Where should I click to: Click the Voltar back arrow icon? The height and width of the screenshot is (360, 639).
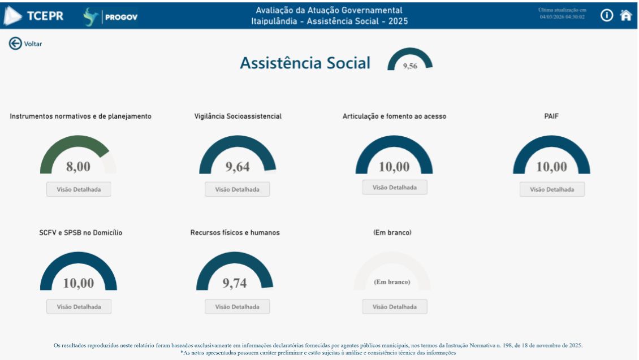pos(15,44)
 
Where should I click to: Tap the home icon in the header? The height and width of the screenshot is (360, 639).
pos(625,15)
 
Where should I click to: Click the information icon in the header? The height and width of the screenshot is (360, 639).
pos(607,15)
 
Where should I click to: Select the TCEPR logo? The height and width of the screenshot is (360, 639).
pos(34,16)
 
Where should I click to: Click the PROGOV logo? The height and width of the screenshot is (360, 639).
pos(111,17)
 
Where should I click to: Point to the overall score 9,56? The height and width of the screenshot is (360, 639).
pos(410,66)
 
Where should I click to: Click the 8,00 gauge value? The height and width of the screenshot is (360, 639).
pos(79,167)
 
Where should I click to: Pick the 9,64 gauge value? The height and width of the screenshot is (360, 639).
pos(238,167)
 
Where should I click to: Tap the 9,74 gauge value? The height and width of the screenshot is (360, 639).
pos(235,283)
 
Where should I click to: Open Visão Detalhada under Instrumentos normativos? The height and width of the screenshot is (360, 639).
pos(79,189)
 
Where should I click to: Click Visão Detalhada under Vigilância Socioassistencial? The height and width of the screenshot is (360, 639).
pos(238,189)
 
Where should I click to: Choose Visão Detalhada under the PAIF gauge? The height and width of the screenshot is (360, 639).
pos(552,189)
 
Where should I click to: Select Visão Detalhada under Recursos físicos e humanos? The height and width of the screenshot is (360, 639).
pos(238,307)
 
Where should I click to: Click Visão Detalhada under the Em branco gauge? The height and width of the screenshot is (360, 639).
pos(395,307)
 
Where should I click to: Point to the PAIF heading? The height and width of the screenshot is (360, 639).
pos(551,116)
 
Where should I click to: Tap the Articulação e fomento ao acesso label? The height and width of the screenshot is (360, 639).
pos(394,116)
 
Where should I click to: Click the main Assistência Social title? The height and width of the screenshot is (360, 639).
pos(305,63)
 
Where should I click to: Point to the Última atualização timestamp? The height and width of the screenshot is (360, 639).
pos(562,14)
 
